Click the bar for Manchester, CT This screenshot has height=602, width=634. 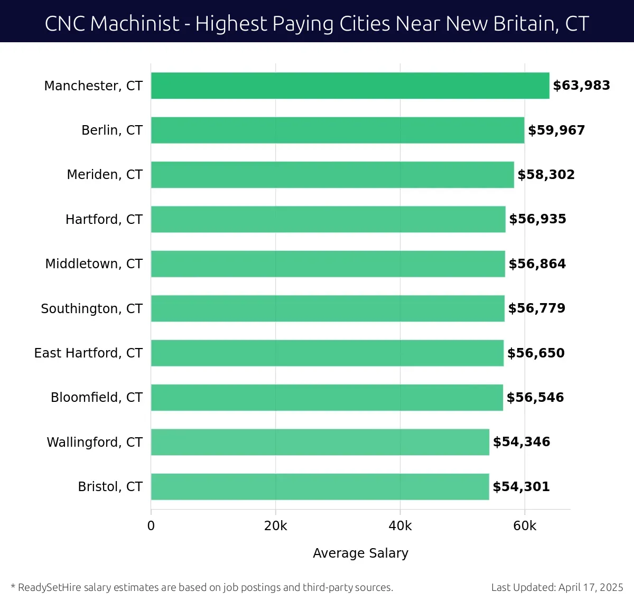pyautogui.click(x=350, y=86)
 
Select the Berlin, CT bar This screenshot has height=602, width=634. pyautogui.click(x=338, y=130)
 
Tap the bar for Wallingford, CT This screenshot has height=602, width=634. pyautogui.click(x=320, y=442)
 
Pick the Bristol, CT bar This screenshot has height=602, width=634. pyautogui.click(x=320, y=487)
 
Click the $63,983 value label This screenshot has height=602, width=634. pyautogui.click(x=581, y=86)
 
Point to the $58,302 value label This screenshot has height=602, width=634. pyautogui.click(x=546, y=175)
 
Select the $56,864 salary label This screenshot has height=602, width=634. pyautogui.click(x=537, y=264)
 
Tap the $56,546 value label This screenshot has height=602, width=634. pyautogui.click(x=535, y=398)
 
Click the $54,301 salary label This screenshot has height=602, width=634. pyautogui.click(x=521, y=487)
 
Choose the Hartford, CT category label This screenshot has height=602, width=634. pyautogui.click(x=104, y=219)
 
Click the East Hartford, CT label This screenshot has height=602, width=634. pyautogui.click(x=88, y=353)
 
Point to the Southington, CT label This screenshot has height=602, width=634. pyautogui.click(x=91, y=308)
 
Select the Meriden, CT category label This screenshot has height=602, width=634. pyautogui.click(x=105, y=175)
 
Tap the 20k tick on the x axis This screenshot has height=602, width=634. pyautogui.click(x=275, y=526)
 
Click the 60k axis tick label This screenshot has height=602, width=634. pyautogui.click(x=524, y=526)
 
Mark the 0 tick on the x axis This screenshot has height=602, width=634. pyautogui.click(x=151, y=526)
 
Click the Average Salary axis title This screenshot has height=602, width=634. pyautogui.click(x=360, y=553)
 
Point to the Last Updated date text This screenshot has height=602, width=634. pyautogui.click(x=557, y=587)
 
